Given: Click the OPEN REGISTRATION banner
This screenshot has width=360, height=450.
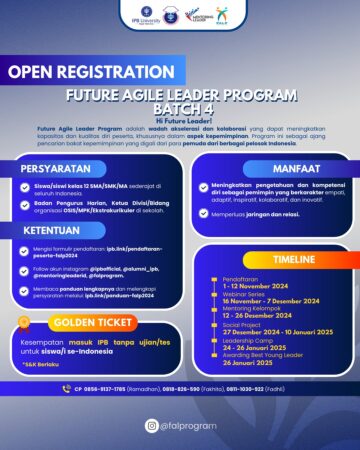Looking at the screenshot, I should pos(73,72).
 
